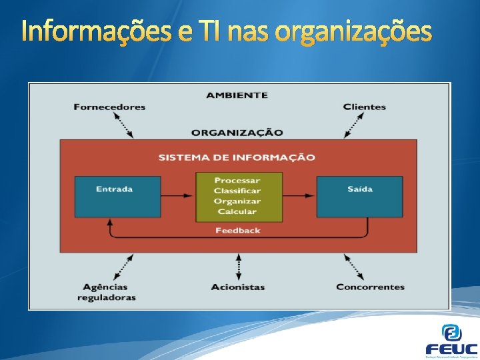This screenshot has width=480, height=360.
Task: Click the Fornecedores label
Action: tap(109, 107)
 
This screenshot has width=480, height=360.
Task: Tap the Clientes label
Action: tap(364, 107)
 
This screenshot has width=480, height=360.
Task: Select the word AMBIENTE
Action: tap(237, 95)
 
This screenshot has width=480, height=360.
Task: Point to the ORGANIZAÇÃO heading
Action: tap(237, 132)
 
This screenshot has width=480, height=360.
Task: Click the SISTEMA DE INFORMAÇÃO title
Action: tap(237, 157)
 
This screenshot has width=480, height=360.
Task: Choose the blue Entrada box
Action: tap(117, 196)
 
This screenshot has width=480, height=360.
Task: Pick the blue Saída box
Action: tap(359, 196)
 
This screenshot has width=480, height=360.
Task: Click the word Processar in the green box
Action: tap(237, 181)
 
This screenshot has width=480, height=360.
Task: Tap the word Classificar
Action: tap(237, 191)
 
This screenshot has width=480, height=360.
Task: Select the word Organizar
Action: tap(237, 201)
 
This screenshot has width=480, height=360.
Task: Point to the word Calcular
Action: tap(237, 212)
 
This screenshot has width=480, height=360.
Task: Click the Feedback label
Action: tap(237, 231)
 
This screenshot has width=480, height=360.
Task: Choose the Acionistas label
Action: tap(238, 287)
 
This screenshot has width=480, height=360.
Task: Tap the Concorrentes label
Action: tap(370, 287)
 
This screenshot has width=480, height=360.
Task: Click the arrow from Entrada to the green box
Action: tap(178, 196)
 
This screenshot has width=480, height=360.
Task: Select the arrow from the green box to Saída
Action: tap(299, 196)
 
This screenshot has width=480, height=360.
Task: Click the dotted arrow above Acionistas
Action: tap(238, 267)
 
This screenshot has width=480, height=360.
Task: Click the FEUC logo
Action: tap(451, 341)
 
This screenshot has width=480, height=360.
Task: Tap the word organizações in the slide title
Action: tap(353, 31)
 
